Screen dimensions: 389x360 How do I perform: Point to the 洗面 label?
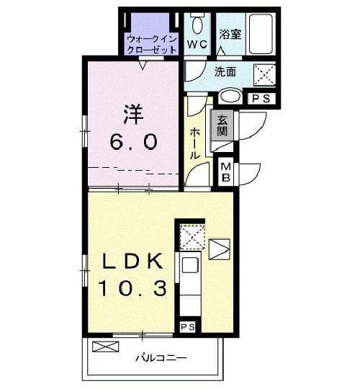click(225, 71)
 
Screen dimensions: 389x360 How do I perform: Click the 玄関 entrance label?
click(222, 126)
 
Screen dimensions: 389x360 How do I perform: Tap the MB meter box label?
click(225, 172)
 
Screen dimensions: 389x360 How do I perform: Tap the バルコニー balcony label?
click(161, 357)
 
